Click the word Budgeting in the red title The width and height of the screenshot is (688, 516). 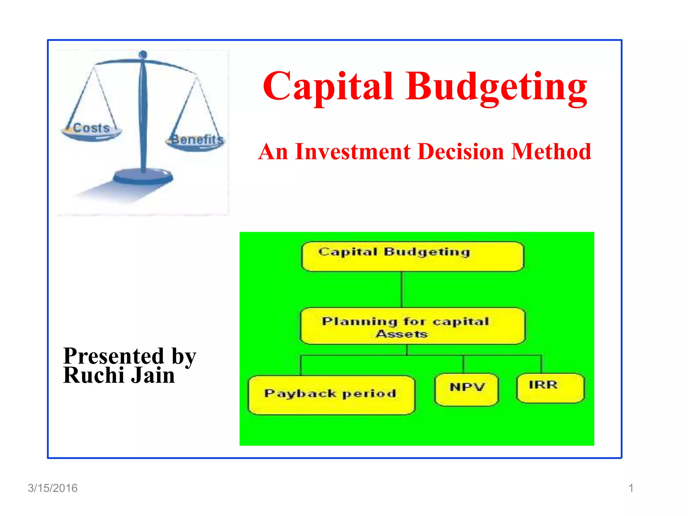(x=496, y=87)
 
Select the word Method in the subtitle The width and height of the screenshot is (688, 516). (x=551, y=152)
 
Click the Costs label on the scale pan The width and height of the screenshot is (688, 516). (x=91, y=128)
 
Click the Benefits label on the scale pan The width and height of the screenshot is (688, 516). (x=197, y=139)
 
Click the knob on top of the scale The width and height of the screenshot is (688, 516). (x=143, y=54)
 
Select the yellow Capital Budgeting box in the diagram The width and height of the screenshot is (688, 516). (x=413, y=257)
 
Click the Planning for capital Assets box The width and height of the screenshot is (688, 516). (x=413, y=326)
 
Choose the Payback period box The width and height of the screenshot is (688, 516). (x=331, y=395)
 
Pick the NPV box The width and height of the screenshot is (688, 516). (x=467, y=390)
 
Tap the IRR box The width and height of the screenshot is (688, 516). (x=550, y=388)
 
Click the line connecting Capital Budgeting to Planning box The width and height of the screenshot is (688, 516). (x=402, y=290)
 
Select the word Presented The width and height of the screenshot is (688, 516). (x=114, y=356)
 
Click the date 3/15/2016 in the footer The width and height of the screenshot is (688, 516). (x=53, y=488)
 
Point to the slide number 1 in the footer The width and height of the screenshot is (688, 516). (x=631, y=488)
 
